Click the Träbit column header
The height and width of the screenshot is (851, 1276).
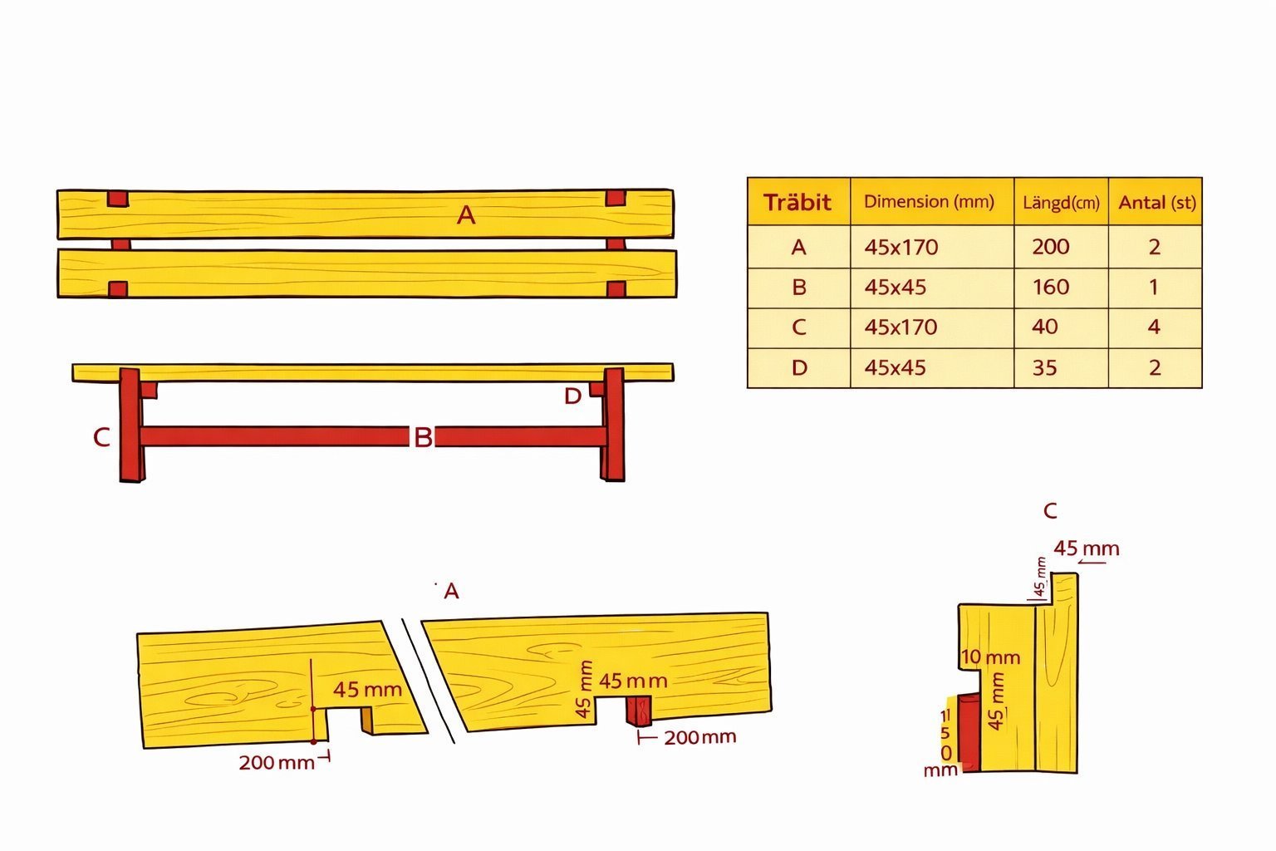coord(797,202)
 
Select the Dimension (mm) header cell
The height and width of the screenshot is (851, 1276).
coord(929,201)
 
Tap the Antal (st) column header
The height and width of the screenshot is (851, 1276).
coord(1157,202)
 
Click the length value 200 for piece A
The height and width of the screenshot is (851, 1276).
coord(1051,247)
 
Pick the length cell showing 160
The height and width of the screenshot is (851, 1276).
coord(1051,287)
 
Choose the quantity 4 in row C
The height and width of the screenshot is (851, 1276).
coord(1154,327)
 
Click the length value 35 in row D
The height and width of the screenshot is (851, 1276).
coord(1045,367)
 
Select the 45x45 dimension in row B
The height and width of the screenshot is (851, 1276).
coord(895,287)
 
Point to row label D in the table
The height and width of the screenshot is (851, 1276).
coord(799,367)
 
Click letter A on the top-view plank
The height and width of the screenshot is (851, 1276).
coord(466,215)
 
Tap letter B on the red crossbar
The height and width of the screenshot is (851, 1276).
coord(423,437)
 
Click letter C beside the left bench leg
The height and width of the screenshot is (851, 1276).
coord(101,437)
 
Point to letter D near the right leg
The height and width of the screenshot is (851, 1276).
coord(572,396)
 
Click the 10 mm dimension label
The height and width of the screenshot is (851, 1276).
coord(990,657)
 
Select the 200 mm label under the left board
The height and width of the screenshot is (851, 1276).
coord(277,763)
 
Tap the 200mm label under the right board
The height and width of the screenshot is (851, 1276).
coord(700,737)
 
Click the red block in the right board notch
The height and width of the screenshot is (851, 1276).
coord(639,711)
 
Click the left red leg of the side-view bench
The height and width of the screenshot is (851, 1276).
coord(131,425)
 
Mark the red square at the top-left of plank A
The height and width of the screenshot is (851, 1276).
coord(118,199)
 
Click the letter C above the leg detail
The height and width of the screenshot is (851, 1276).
coord(1050,511)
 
